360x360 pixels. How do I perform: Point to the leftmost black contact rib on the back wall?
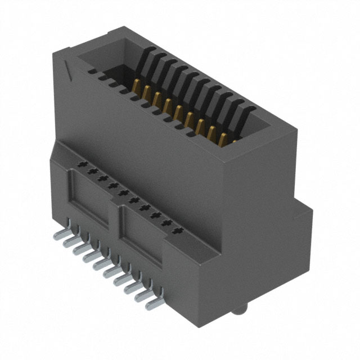147,56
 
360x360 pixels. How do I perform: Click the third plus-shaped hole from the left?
103,179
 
